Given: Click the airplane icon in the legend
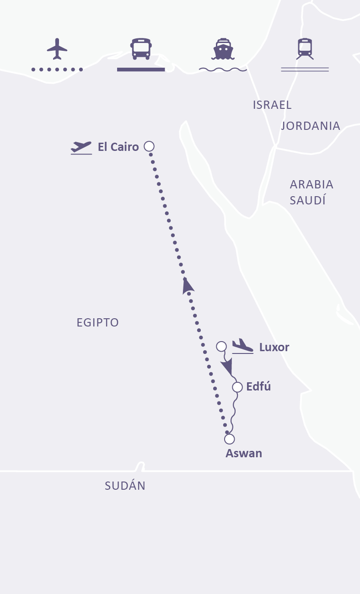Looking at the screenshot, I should pyautogui.click(x=57, y=48).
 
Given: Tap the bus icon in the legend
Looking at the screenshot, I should pyautogui.click(x=141, y=48).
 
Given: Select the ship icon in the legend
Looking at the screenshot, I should pyautogui.click(x=223, y=48).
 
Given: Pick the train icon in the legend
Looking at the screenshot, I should pyautogui.click(x=305, y=48).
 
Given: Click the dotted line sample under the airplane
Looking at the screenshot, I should pyautogui.click(x=57, y=70).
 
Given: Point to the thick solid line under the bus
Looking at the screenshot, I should pyautogui.click(x=141, y=70).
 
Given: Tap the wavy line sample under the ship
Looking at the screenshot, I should pyautogui.click(x=223, y=70).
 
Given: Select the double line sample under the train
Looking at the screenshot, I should pyautogui.click(x=305, y=70).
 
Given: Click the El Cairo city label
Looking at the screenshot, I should pyautogui.click(x=118, y=147).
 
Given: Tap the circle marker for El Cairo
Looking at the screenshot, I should pyautogui.click(x=149, y=146).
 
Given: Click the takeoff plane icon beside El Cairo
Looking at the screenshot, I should pyautogui.click(x=81, y=147).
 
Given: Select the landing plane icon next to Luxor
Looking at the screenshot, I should pyautogui.click(x=242, y=346).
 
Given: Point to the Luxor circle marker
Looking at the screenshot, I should pyautogui.click(x=221, y=346).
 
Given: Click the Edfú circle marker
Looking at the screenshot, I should pyautogui.click(x=237, y=387).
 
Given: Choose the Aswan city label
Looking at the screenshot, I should pyautogui.click(x=244, y=454).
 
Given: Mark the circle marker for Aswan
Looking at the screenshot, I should pyautogui.click(x=229, y=439).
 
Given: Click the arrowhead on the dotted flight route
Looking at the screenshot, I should pyautogui.click(x=187, y=285).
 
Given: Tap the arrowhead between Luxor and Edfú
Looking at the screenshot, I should pyautogui.click(x=227, y=367).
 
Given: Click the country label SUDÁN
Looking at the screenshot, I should pyautogui.click(x=125, y=486).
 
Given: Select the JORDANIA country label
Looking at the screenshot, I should pyautogui.click(x=310, y=126).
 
